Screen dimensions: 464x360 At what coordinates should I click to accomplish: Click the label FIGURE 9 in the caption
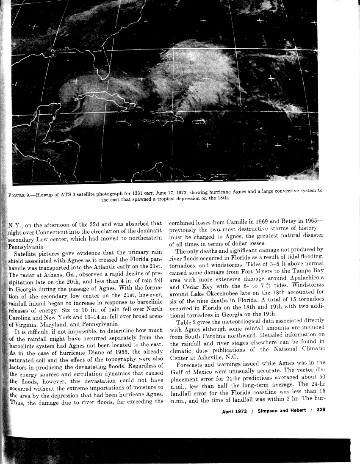pyautogui.click(x=21, y=195)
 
